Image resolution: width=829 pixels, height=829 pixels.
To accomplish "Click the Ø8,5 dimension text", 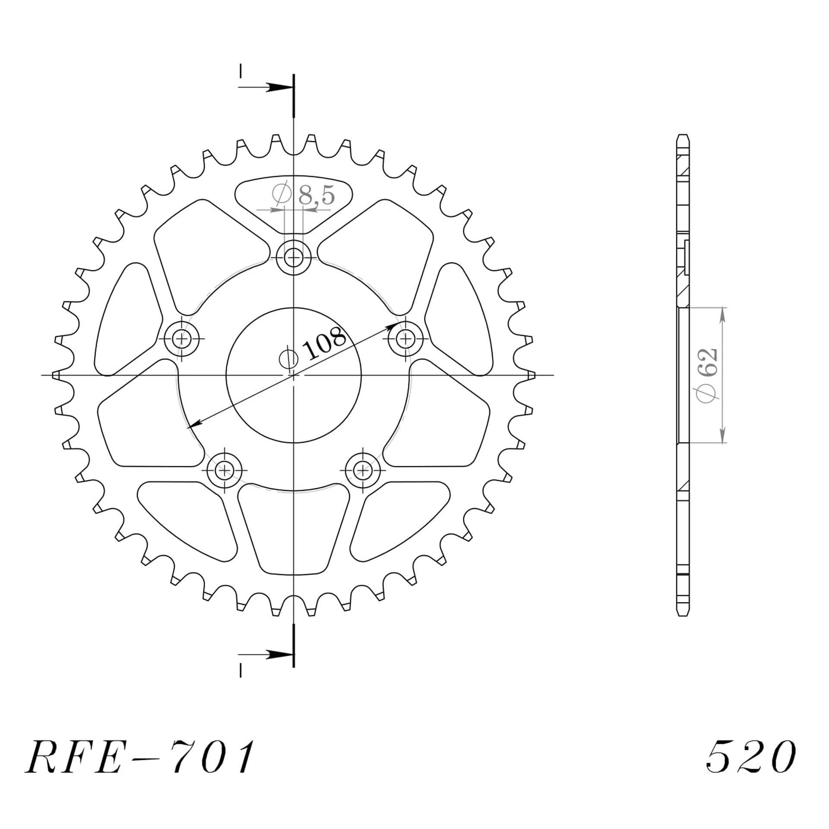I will point(304,195).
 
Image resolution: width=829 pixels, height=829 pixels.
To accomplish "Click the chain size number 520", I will point(750,757).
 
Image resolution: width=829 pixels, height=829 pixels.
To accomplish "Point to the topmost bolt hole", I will point(294,258).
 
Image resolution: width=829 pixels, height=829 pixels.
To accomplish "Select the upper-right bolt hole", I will point(405,339).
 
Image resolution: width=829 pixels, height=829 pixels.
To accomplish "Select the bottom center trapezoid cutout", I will point(294,531).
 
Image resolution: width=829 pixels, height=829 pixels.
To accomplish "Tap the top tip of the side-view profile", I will point(683,136).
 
